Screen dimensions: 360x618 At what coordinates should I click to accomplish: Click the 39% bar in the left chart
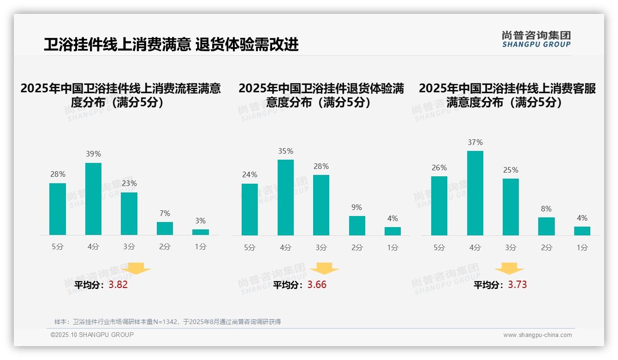point(93,199)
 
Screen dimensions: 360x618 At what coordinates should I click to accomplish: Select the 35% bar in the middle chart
point(285,198)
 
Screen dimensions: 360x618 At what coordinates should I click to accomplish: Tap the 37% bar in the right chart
point(475,193)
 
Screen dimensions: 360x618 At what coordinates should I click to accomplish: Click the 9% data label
point(357,208)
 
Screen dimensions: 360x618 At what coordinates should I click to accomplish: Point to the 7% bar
point(165,228)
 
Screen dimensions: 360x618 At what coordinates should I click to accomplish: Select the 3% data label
point(200,221)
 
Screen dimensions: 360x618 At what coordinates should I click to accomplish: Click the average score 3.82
point(118,285)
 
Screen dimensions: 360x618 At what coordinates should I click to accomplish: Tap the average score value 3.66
point(317,285)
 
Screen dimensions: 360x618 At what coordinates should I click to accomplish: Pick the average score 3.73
point(517,285)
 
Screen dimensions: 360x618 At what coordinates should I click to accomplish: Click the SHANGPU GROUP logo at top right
point(536,39)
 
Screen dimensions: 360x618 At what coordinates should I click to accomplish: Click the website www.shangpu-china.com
point(537,335)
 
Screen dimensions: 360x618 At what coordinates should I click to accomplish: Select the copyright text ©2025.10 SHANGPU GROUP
point(92,335)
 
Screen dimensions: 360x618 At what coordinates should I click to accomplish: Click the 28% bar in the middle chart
point(321,205)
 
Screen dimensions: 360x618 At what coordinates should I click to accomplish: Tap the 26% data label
point(439,168)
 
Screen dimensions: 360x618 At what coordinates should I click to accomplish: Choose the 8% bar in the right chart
point(546,226)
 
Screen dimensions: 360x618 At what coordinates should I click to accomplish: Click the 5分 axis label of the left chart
point(58,247)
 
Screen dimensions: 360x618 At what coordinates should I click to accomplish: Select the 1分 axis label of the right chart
point(582,248)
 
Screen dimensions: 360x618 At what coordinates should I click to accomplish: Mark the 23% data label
point(129,184)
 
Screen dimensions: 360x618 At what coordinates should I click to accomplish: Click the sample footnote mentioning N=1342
point(167,322)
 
